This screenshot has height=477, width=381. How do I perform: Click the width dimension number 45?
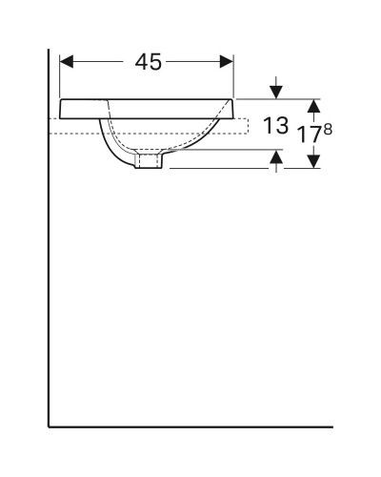148,62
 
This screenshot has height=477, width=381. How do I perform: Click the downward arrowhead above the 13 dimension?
275,93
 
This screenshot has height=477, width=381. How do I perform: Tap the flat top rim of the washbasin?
143,100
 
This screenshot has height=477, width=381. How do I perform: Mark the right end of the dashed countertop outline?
248,124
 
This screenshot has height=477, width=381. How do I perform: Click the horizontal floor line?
190,425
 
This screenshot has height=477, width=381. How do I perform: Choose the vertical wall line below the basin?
50,286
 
